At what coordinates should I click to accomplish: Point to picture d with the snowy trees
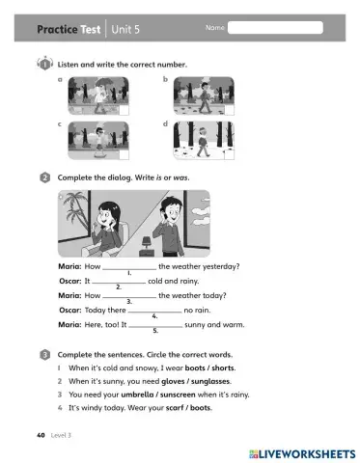(205, 141)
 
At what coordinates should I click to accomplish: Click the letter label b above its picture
(166, 78)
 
